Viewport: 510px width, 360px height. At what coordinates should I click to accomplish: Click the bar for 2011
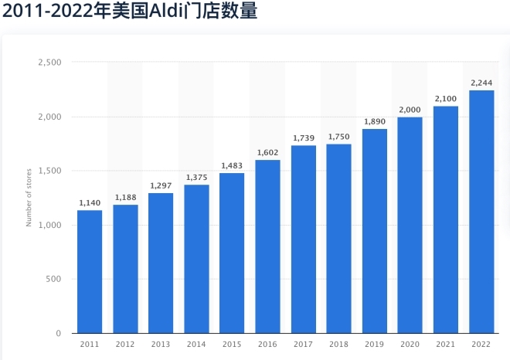click(x=90, y=271)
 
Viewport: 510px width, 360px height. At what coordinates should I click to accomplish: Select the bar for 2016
click(x=267, y=246)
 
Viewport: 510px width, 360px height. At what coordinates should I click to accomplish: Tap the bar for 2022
click(x=481, y=212)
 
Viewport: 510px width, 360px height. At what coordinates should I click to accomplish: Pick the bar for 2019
click(x=375, y=231)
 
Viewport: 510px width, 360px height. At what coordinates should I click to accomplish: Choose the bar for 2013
click(x=161, y=263)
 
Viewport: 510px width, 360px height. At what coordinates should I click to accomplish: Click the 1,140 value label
click(x=90, y=203)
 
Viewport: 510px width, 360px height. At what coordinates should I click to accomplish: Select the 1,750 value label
click(x=339, y=137)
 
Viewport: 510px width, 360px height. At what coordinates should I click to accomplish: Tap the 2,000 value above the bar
click(x=410, y=110)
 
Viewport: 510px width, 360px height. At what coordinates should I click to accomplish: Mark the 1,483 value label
click(x=232, y=166)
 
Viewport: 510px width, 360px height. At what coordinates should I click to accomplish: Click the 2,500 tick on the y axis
click(x=49, y=63)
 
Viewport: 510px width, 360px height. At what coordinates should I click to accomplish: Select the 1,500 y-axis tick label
click(x=49, y=171)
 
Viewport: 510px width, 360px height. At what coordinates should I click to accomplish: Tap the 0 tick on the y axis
click(x=58, y=333)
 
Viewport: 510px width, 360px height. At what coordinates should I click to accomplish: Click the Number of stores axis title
click(x=29, y=198)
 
